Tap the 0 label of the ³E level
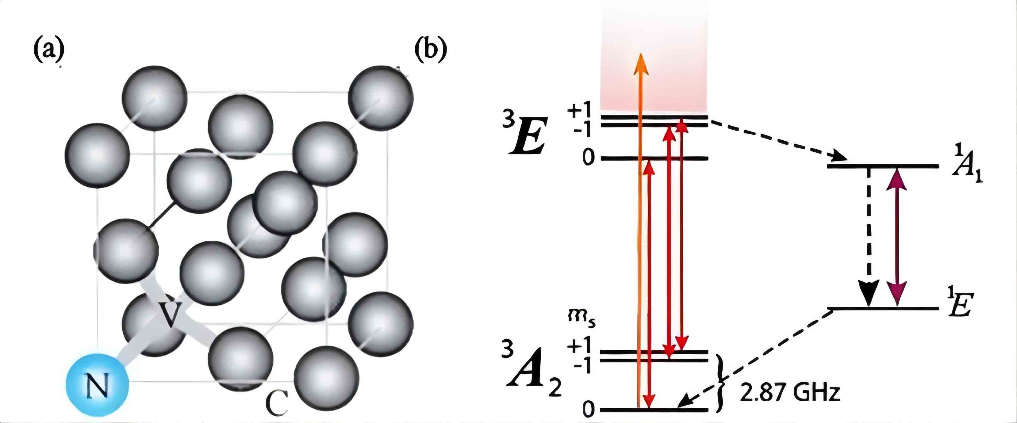(x=588, y=159)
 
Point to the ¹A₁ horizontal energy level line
(x=883, y=166)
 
